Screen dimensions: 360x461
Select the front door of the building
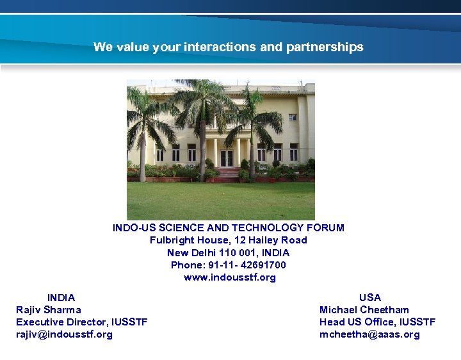(x=227, y=158)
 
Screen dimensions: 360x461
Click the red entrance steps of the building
(x=226, y=175)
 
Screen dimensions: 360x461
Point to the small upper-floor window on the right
(x=293, y=117)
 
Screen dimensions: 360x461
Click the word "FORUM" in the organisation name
(x=325, y=227)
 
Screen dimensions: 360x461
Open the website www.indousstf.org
(x=229, y=277)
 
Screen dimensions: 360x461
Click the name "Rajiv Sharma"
(x=49, y=309)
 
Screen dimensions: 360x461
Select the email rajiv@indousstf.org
(x=64, y=334)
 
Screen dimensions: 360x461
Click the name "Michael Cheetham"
(x=364, y=309)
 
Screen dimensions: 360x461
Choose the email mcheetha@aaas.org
(x=369, y=334)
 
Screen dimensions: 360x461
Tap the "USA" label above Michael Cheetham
(x=370, y=297)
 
